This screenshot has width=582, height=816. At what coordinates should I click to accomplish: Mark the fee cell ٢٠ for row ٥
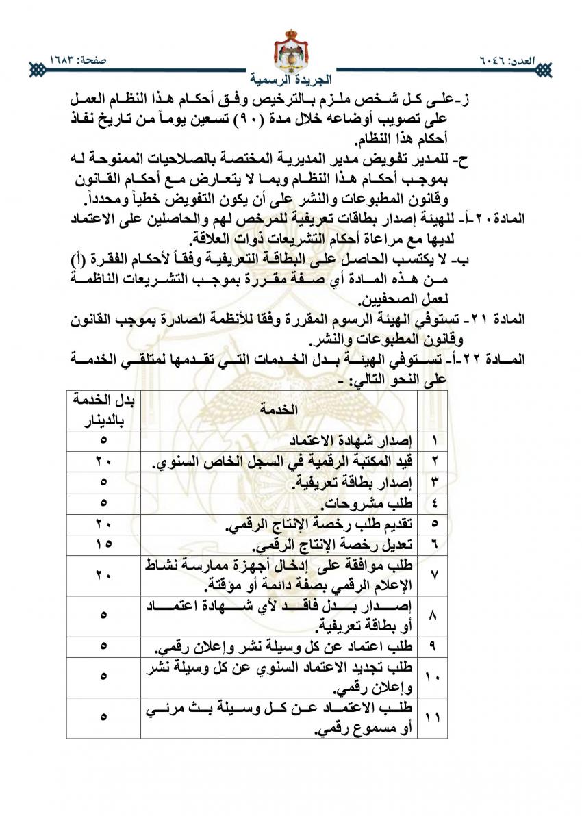pos(103,525)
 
